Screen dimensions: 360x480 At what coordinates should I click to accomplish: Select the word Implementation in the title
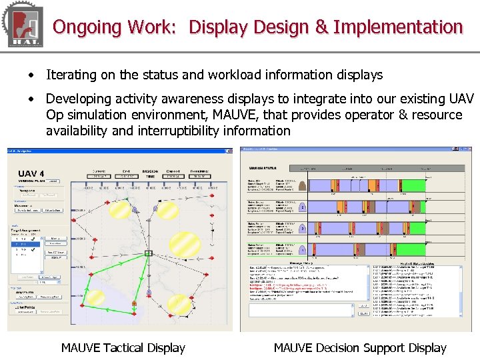point(398,27)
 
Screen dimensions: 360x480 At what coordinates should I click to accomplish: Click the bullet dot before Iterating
point(31,75)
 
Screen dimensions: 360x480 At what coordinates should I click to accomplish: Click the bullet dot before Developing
point(31,99)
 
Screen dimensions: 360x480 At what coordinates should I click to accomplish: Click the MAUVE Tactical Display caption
point(123,347)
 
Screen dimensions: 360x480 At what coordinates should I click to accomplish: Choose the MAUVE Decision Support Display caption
point(360,347)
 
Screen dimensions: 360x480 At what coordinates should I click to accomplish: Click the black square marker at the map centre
point(149,253)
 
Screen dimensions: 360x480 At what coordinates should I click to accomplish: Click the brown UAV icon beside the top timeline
point(303,186)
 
